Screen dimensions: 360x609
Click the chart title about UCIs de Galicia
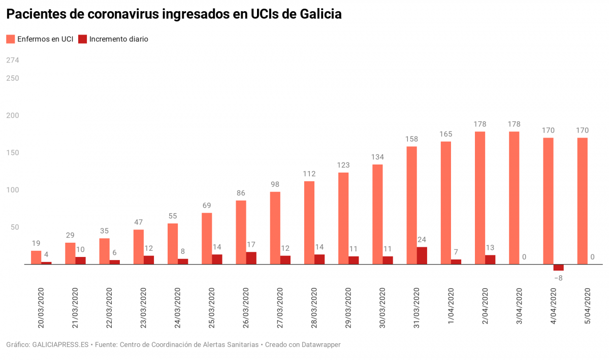(174, 15)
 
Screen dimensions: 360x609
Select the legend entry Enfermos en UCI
(40, 39)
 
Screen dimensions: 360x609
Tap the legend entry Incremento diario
(113, 39)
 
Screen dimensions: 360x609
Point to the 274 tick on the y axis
(13, 60)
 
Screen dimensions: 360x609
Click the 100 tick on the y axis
(13, 190)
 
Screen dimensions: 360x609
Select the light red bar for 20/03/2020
(36, 257)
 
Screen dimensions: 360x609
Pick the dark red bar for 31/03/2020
(422, 256)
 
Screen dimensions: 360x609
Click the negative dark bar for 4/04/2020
(558, 268)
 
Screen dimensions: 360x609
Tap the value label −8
(558, 278)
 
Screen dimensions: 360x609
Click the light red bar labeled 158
(411, 206)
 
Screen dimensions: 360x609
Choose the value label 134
(377, 157)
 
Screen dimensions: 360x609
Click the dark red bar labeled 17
(251, 258)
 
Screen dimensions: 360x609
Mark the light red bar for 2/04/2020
(480, 198)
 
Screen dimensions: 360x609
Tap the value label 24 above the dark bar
(422, 240)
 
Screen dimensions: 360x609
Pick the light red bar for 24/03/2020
(173, 244)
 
